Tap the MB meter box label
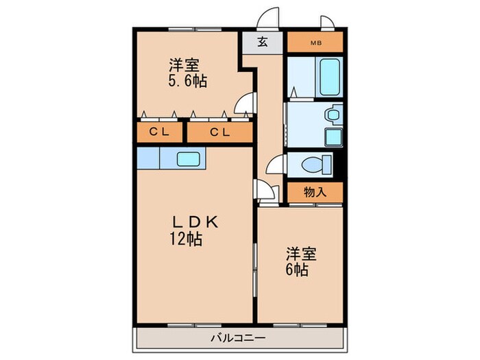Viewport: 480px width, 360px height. click(x=315, y=43)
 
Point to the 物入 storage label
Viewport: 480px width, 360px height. click(x=314, y=193)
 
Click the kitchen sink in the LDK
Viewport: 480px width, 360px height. click(x=188, y=159)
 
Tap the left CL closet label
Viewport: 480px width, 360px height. click(x=160, y=132)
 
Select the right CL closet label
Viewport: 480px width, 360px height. click(x=219, y=132)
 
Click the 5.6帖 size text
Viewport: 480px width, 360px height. click(x=187, y=81)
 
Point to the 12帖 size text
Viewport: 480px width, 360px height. click(x=186, y=239)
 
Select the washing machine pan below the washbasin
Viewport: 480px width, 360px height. click(x=334, y=136)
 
